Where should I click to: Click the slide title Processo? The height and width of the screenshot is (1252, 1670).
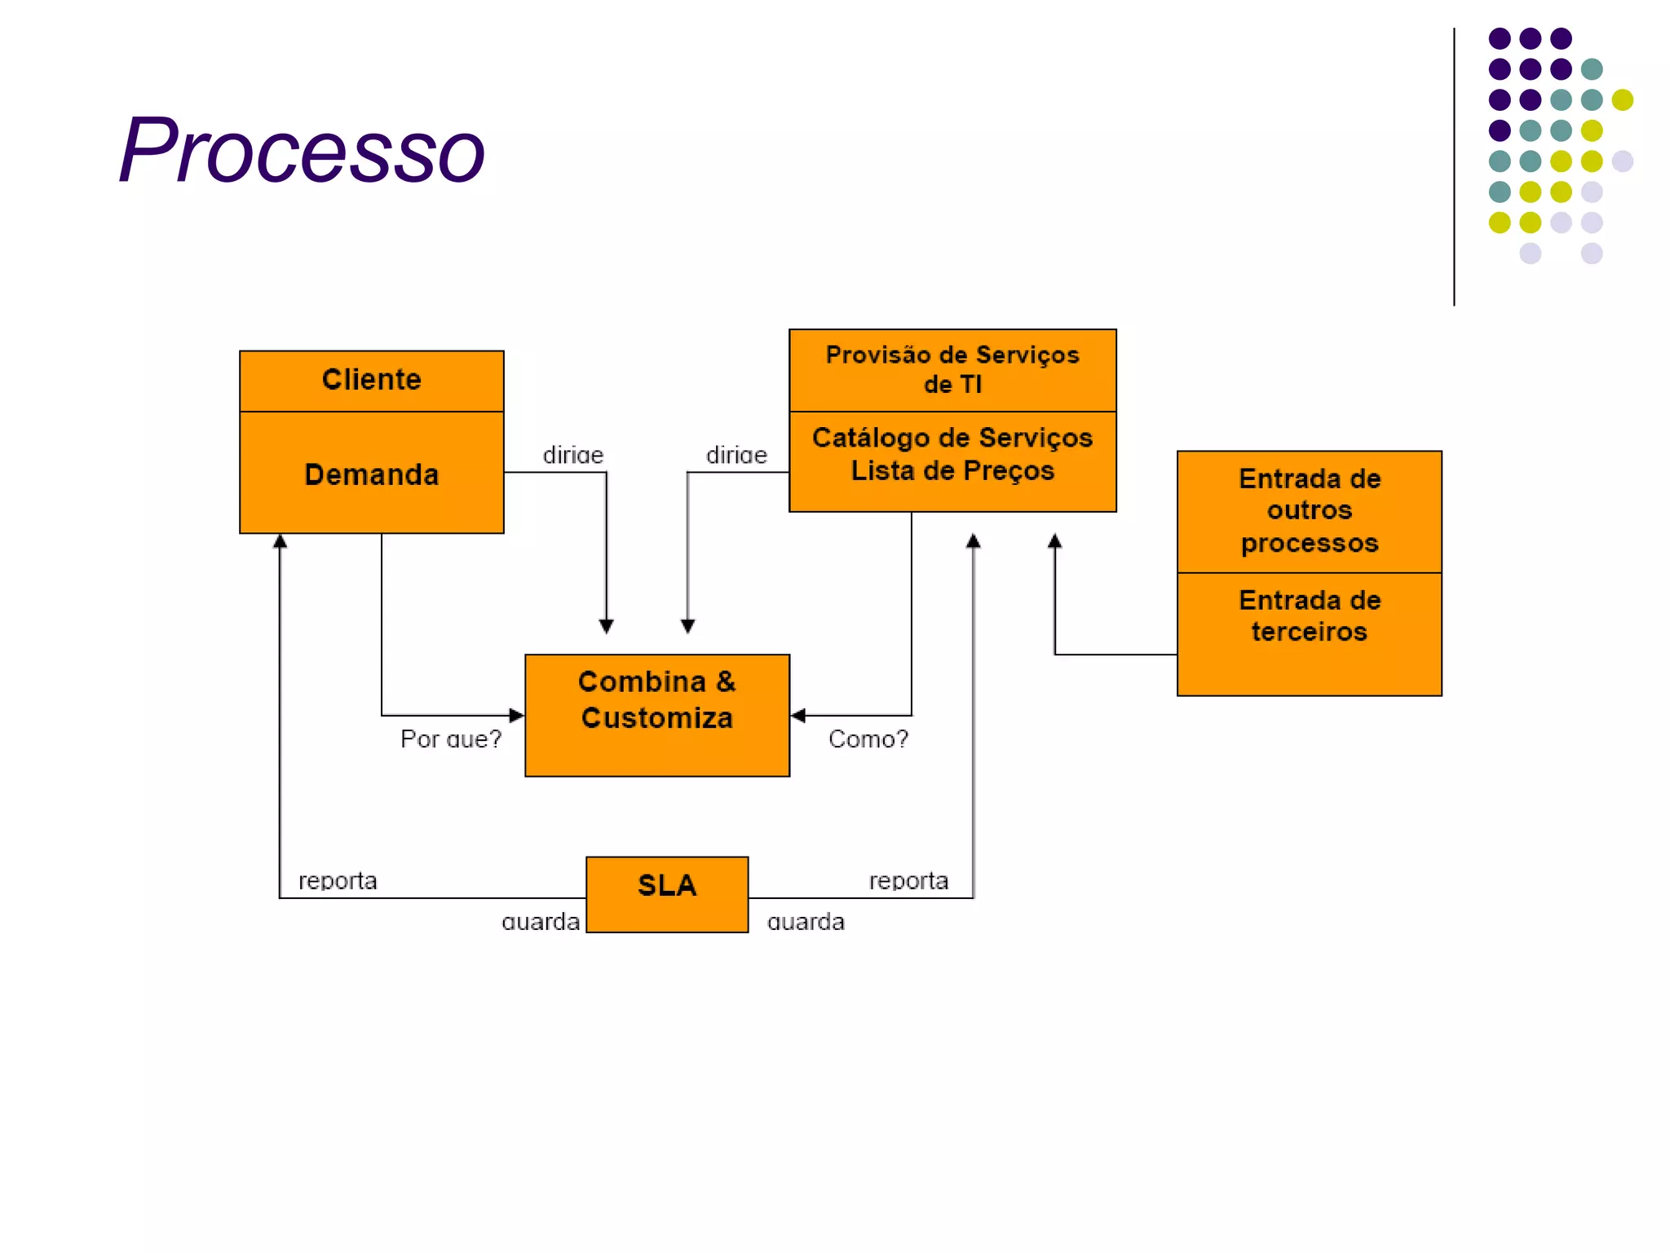click(302, 151)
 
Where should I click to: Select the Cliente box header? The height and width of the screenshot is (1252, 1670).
click(371, 381)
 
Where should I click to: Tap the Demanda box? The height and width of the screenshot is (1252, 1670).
click(371, 474)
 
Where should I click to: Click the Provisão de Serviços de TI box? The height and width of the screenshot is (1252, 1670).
click(952, 370)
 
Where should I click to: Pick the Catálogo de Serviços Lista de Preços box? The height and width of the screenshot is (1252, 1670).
click(952, 455)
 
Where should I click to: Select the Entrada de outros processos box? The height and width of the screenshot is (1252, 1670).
click(1309, 511)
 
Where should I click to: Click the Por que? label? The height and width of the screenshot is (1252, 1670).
click(450, 739)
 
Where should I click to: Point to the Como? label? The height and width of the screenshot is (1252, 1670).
click(868, 739)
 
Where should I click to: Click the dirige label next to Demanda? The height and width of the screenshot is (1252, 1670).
click(573, 456)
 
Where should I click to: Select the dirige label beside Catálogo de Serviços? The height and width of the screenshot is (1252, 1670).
click(736, 456)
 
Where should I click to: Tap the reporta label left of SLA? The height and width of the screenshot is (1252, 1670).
click(338, 881)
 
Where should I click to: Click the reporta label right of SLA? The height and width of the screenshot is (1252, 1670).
click(908, 881)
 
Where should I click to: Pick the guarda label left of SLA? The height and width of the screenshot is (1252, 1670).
click(541, 923)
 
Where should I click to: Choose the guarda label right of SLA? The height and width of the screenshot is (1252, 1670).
click(806, 923)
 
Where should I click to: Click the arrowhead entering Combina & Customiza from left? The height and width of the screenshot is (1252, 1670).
click(517, 715)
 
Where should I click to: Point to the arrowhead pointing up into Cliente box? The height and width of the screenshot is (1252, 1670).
click(280, 541)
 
